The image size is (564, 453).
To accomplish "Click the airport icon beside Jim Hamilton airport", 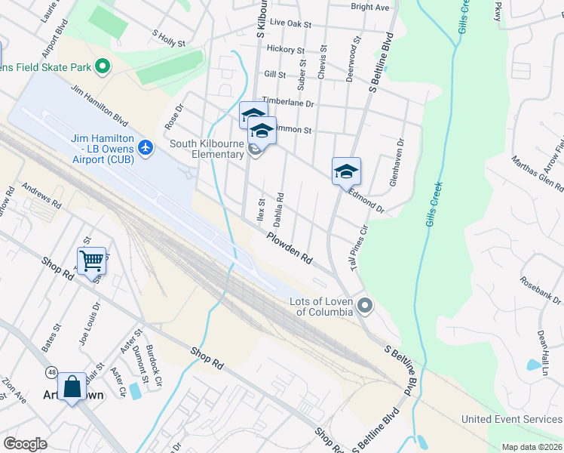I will (146, 146).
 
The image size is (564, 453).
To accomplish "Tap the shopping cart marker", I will (91, 261).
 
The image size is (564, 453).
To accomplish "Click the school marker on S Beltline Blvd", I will (346, 171).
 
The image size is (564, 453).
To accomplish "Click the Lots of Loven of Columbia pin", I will (365, 306).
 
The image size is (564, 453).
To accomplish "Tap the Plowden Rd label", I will (289, 247).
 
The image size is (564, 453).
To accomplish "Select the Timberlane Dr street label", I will (287, 102).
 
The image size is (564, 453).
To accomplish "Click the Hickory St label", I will (285, 50).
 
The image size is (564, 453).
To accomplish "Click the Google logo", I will (25, 444).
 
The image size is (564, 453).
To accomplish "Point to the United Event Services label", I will (512, 420).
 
